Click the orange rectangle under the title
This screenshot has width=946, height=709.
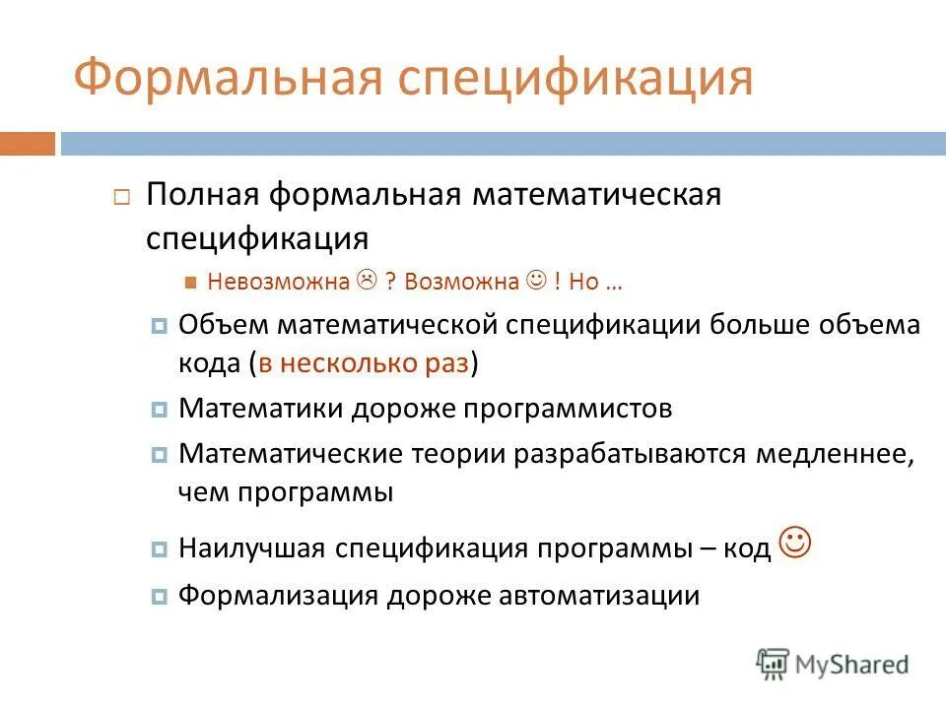point(28,144)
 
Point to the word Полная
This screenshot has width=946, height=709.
point(202,194)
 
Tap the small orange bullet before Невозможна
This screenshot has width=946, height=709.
point(192,283)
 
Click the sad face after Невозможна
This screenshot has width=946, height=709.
point(367,281)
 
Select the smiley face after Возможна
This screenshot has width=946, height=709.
point(536,281)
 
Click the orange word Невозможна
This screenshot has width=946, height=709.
point(279,282)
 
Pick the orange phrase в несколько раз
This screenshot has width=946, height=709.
point(364,362)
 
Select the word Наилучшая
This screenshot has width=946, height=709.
point(252,548)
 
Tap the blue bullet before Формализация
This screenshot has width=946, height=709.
point(160,597)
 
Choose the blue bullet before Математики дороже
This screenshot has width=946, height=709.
point(160,410)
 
